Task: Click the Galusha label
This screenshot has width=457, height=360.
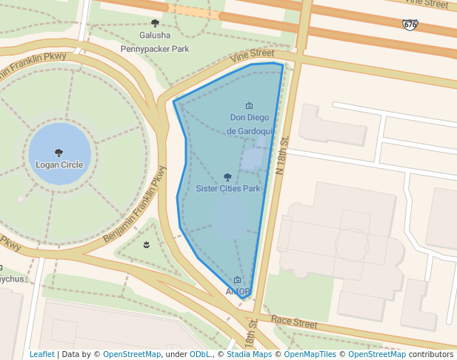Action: click(x=155, y=35)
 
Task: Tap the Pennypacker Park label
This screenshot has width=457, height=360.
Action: click(x=155, y=49)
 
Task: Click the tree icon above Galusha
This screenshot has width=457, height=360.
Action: click(x=155, y=23)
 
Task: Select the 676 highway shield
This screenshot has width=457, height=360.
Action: click(x=410, y=25)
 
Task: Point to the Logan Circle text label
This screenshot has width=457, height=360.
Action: click(x=59, y=164)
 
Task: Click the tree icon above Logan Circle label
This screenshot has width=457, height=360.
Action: click(x=59, y=153)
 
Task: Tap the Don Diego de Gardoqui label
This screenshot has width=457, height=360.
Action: click(x=248, y=124)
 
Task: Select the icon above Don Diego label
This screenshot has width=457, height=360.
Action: click(x=249, y=105)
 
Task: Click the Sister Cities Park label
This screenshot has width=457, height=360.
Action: click(x=227, y=188)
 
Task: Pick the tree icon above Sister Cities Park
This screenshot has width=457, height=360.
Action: click(x=227, y=177)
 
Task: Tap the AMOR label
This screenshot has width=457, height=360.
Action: click(x=237, y=291)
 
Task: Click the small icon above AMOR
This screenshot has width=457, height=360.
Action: click(x=237, y=280)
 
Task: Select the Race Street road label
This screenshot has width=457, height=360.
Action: click(x=294, y=321)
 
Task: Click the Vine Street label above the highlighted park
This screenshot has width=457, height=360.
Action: click(x=252, y=54)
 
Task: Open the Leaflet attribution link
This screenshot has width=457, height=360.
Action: click(x=42, y=354)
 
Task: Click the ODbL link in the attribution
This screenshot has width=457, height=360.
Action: click(x=200, y=354)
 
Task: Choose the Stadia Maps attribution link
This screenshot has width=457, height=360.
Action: click(x=249, y=354)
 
